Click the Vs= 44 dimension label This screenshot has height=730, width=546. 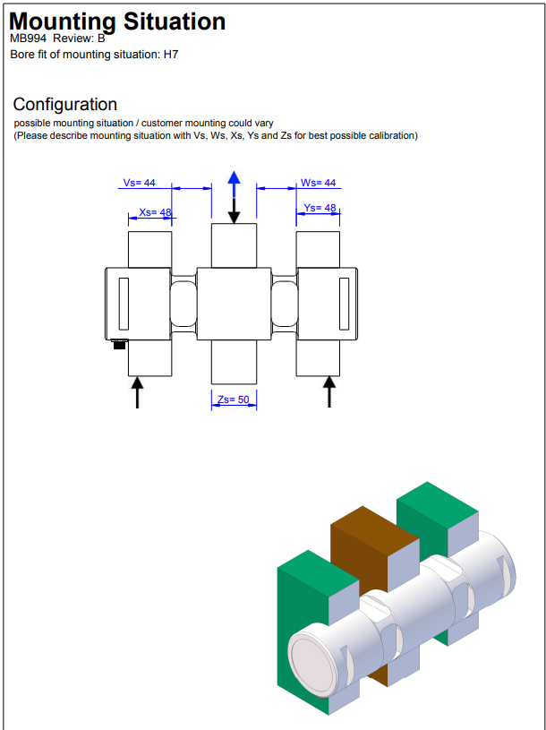pyautogui.click(x=139, y=183)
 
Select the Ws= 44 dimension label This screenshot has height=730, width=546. pyautogui.click(x=318, y=183)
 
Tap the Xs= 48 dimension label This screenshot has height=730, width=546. pyautogui.click(x=156, y=212)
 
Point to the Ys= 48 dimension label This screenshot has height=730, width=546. pyautogui.click(x=320, y=208)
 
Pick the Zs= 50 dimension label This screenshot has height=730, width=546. pyautogui.click(x=234, y=399)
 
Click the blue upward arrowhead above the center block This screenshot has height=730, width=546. pyautogui.click(x=234, y=177)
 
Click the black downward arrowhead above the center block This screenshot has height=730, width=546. pyautogui.click(x=234, y=217)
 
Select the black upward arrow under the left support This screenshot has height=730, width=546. pyautogui.click(x=137, y=392)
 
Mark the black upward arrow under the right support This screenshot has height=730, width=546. pyautogui.click(x=329, y=391)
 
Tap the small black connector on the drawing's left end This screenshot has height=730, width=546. pyautogui.click(x=120, y=344)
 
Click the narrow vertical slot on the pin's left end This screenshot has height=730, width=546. pyautogui.click(x=124, y=304)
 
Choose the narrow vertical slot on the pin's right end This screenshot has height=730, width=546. pyautogui.click(x=344, y=304)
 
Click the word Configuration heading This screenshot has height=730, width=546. pyautogui.click(x=65, y=105)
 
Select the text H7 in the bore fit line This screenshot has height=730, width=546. pyautogui.click(x=171, y=55)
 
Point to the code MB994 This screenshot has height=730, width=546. pyautogui.click(x=28, y=39)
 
